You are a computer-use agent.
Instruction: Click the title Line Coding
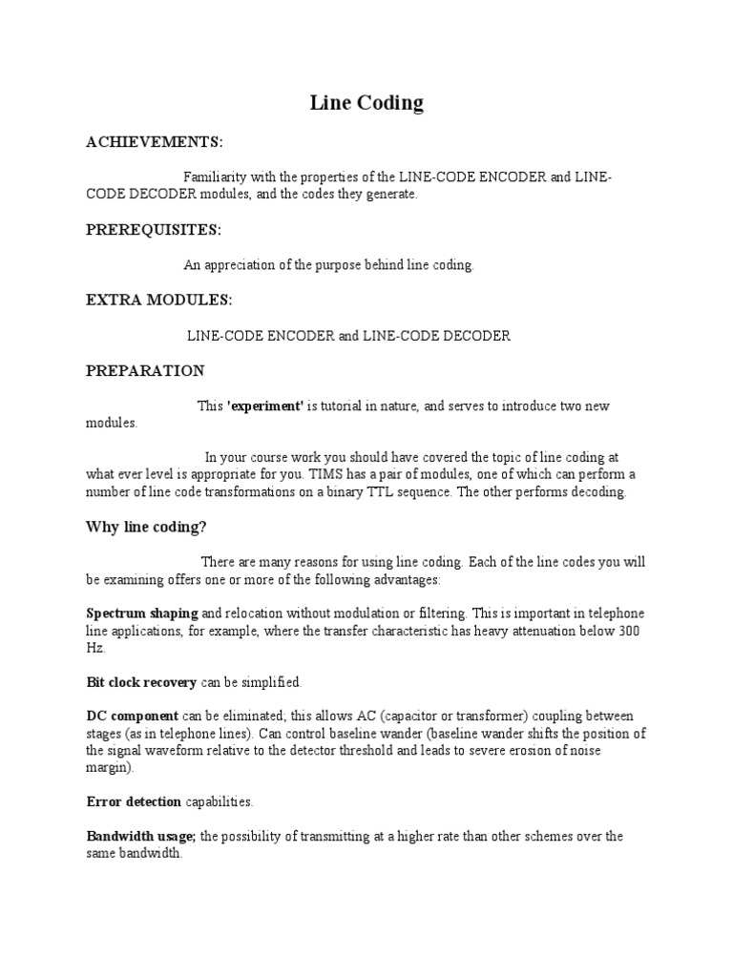(366, 103)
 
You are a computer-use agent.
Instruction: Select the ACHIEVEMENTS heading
(155, 142)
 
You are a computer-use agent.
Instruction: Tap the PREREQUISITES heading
(154, 230)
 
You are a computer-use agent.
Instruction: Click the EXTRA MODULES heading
(158, 300)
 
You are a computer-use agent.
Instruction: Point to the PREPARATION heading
(145, 370)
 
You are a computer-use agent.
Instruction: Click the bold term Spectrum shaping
(142, 613)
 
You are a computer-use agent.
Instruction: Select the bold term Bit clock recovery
(141, 682)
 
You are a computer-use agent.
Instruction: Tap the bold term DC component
(132, 716)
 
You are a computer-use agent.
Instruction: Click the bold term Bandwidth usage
(141, 837)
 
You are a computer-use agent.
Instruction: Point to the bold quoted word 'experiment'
(265, 406)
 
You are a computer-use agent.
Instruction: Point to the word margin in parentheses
(107, 768)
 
